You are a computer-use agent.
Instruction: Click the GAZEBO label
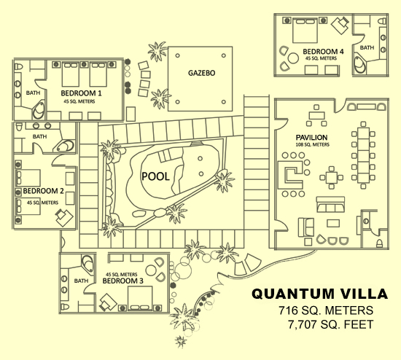[201, 73]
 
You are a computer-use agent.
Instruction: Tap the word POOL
[155, 176]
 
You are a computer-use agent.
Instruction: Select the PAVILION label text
[311, 138]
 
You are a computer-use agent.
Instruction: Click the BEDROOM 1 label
[82, 93]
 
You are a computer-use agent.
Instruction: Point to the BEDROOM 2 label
[44, 191]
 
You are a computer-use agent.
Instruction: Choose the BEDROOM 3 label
[122, 281]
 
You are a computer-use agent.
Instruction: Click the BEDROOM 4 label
[323, 52]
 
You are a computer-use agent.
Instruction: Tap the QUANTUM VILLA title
[319, 294]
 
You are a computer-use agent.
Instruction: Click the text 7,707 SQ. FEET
[331, 324]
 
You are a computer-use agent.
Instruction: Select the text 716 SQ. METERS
[326, 310]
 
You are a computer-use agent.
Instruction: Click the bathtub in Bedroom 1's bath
[39, 111]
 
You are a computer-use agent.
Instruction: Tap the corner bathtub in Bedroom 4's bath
[360, 65]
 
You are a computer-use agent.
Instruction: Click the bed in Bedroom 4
[305, 30]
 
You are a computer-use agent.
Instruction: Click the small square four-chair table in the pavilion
[332, 177]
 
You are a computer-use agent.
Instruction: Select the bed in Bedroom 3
[140, 298]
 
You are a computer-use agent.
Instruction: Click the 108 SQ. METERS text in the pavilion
[313, 145]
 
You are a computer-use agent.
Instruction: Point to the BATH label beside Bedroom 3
[81, 281]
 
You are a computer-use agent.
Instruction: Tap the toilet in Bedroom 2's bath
[19, 127]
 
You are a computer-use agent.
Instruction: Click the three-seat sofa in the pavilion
[330, 204]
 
